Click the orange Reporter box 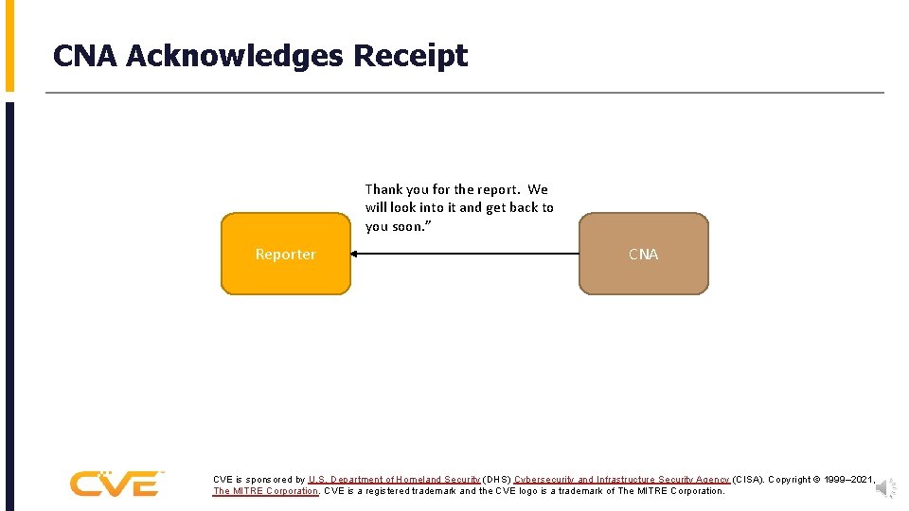[x=285, y=254]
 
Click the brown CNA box [x=643, y=254]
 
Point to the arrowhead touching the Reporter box [x=354, y=254]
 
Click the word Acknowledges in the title [x=235, y=56]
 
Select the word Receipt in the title [x=410, y=56]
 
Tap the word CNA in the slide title [x=86, y=56]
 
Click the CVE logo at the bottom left [x=116, y=484]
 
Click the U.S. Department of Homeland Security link [x=394, y=480]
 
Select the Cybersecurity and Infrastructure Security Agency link [x=622, y=480]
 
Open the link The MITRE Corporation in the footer [x=265, y=491]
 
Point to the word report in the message [x=498, y=189]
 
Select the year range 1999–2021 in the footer [x=848, y=480]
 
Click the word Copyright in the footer [x=790, y=480]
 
